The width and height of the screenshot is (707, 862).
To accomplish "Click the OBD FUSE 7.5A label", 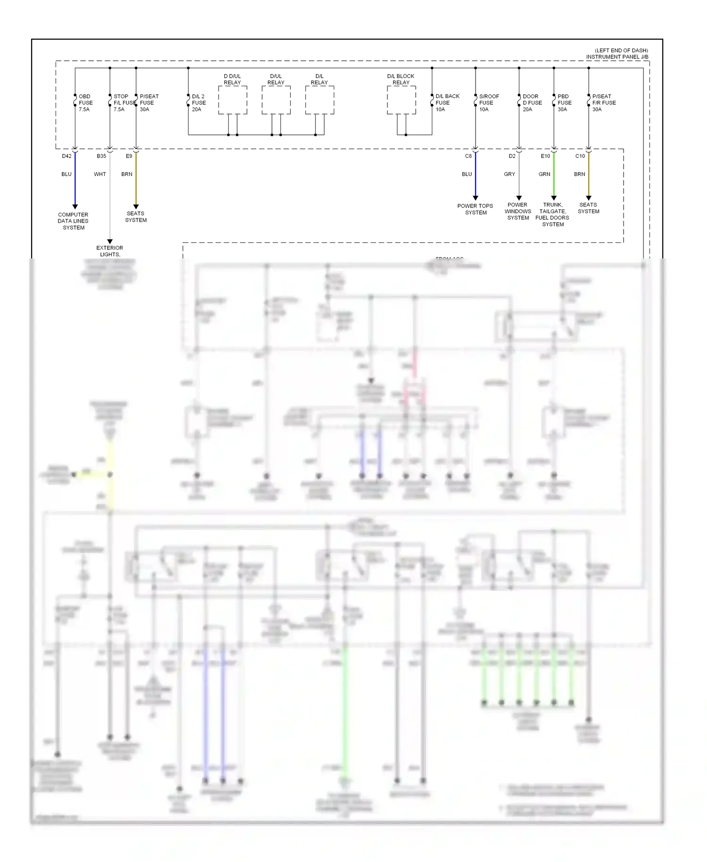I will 85,103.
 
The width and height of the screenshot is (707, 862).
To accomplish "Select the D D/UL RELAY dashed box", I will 232,100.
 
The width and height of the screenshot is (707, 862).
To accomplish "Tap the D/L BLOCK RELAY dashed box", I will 401,100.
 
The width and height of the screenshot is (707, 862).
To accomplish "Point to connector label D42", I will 66,156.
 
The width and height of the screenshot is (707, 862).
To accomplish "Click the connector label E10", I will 545,156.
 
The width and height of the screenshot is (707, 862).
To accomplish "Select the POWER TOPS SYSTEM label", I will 475,209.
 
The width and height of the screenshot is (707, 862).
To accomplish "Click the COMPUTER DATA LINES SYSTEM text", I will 74,221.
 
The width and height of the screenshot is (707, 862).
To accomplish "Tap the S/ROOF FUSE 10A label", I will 488,103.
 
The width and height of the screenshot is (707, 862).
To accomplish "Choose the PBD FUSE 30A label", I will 564,103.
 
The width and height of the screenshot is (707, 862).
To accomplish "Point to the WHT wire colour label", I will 100,174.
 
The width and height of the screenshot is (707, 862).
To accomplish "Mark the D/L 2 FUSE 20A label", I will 198,103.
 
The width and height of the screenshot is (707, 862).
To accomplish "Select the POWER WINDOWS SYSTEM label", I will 518,211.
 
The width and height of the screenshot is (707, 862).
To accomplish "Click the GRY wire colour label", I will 510,174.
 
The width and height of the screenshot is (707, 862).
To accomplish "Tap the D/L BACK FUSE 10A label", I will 447,103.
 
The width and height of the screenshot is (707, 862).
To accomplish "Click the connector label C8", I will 468,156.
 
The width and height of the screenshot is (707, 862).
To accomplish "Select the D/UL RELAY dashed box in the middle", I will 276,100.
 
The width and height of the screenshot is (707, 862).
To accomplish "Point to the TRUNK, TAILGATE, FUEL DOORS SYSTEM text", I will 552,215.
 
